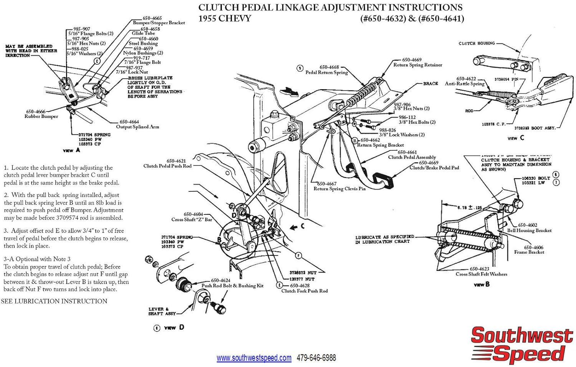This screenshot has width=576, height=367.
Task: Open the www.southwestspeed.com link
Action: (x=254, y=358)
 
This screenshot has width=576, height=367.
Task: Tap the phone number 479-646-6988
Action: (x=316, y=358)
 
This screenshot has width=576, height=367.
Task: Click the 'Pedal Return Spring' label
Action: (x=326, y=72)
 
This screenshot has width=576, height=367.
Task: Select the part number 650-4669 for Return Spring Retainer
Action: (x=412, y=60)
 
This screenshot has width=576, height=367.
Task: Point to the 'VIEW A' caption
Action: (x=71, y=150)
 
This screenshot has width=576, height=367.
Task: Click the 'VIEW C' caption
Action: (x=515, y=138)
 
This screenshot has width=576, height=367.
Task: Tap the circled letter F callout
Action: (x=298, y=255)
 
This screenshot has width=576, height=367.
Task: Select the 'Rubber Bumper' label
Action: (x=41, y=116)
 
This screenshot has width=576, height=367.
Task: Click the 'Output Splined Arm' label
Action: (x=137, y=127)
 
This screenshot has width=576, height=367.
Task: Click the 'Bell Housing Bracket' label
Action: (x=529, y=231)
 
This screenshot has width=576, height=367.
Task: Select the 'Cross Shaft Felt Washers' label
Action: (x=481, y=274)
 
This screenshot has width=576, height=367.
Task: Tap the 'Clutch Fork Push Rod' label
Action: (x=305, y=291)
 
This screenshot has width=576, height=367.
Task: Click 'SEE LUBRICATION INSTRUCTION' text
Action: (x=54, y=301)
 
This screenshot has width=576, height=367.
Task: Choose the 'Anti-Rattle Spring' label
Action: (x=465, y=84)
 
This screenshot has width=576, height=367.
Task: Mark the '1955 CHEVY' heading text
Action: (x=225, y=18)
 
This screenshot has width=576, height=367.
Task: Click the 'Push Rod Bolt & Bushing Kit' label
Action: (x=232, y=286)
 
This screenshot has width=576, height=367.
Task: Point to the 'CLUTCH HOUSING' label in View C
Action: (x=477, y=43)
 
